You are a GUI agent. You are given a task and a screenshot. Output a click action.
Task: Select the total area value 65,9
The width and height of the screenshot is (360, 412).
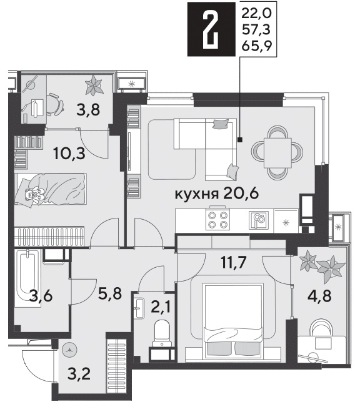(256, 46)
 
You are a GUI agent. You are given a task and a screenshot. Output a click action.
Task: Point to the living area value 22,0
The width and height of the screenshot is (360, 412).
(256, 13)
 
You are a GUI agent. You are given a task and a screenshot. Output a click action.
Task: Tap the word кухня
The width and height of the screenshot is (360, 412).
(197, 194)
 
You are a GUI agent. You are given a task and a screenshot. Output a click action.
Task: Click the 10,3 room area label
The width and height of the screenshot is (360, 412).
(69, 153)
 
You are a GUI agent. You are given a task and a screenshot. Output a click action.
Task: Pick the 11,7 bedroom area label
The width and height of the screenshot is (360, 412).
(234, 262)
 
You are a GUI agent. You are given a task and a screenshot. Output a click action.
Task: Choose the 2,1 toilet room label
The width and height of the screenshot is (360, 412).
(161, 307)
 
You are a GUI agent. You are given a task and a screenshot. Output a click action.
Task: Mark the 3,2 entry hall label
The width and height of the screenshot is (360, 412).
(79, 374)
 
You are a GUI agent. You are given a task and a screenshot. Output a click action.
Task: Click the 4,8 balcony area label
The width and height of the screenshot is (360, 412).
(320, 296)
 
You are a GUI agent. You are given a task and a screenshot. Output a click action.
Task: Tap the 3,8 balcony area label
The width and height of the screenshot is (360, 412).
(88, 110)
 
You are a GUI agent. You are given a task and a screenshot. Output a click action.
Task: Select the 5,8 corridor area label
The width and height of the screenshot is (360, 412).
(110, 293)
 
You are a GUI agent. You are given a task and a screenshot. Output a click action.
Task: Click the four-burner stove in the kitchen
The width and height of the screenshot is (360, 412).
(217, 220)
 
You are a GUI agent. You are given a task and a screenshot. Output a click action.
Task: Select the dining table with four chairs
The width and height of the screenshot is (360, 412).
(277, 153)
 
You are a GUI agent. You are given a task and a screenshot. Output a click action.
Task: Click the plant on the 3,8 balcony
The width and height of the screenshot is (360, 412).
(93, 85)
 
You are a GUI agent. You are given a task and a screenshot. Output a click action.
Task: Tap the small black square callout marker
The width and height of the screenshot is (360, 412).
(239, 140)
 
